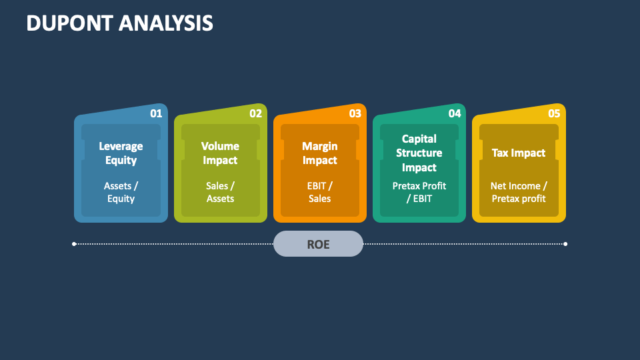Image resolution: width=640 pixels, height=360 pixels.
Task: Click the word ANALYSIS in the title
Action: (166, 23)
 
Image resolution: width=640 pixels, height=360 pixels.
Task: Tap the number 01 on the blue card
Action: (156, 113)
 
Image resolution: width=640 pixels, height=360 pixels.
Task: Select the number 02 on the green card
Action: (255, 113)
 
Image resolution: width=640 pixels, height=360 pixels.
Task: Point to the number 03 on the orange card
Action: (355, 113)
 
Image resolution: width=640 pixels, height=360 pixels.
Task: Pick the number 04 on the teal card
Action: (454, 113)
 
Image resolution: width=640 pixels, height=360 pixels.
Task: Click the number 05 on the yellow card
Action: (553, 113)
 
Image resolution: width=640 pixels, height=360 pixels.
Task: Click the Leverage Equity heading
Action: (121, 153)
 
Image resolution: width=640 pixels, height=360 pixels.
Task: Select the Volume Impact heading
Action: (220, 153)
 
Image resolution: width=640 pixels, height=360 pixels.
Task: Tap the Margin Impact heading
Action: (319, 153)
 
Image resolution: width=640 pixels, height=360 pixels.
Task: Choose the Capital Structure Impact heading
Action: (419, 153)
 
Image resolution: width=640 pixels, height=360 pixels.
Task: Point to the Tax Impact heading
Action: (518, 153)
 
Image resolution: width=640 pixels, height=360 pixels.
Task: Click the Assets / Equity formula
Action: (121, 192)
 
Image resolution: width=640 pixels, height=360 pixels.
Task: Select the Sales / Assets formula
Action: (220, 192)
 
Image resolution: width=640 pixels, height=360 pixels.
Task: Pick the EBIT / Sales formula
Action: (319, 192)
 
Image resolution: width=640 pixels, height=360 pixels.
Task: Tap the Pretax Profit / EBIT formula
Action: (419, 192)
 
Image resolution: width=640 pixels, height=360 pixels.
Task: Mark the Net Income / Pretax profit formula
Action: (518, 192)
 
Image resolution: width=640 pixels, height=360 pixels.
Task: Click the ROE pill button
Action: (318, 244)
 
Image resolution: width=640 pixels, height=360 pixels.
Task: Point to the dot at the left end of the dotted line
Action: (74, 244)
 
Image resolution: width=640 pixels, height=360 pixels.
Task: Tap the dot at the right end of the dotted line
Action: (565, 244)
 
